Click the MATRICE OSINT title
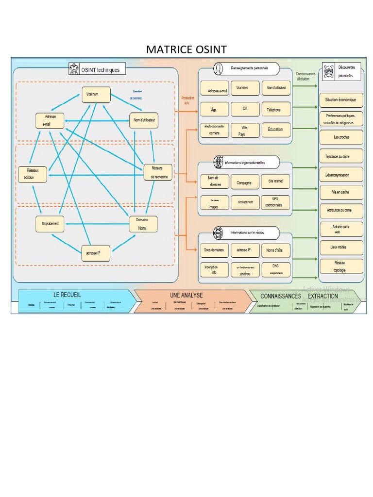click(x=186, y=50)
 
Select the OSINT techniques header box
click(x=97, y=70)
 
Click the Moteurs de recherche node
click(x=158, y=172)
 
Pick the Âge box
click(x=214, y=110)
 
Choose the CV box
click(x=245, y=110)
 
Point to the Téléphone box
click(x=275, y=110)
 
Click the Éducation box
click(x=275, y=130)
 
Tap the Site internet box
click(x=275, y=182)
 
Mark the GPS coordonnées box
click(x=275, y=202)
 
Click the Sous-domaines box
click(x=214, y=250)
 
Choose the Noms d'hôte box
click(x=275, y=250)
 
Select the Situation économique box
click(x=341, y=100)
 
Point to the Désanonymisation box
click(x=341, y=175)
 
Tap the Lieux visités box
click(x=341, y=247)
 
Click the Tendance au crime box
click(x=341, y=156)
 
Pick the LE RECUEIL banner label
click(x=67, y=295)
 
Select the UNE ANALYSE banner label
click(x=186, y=295)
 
